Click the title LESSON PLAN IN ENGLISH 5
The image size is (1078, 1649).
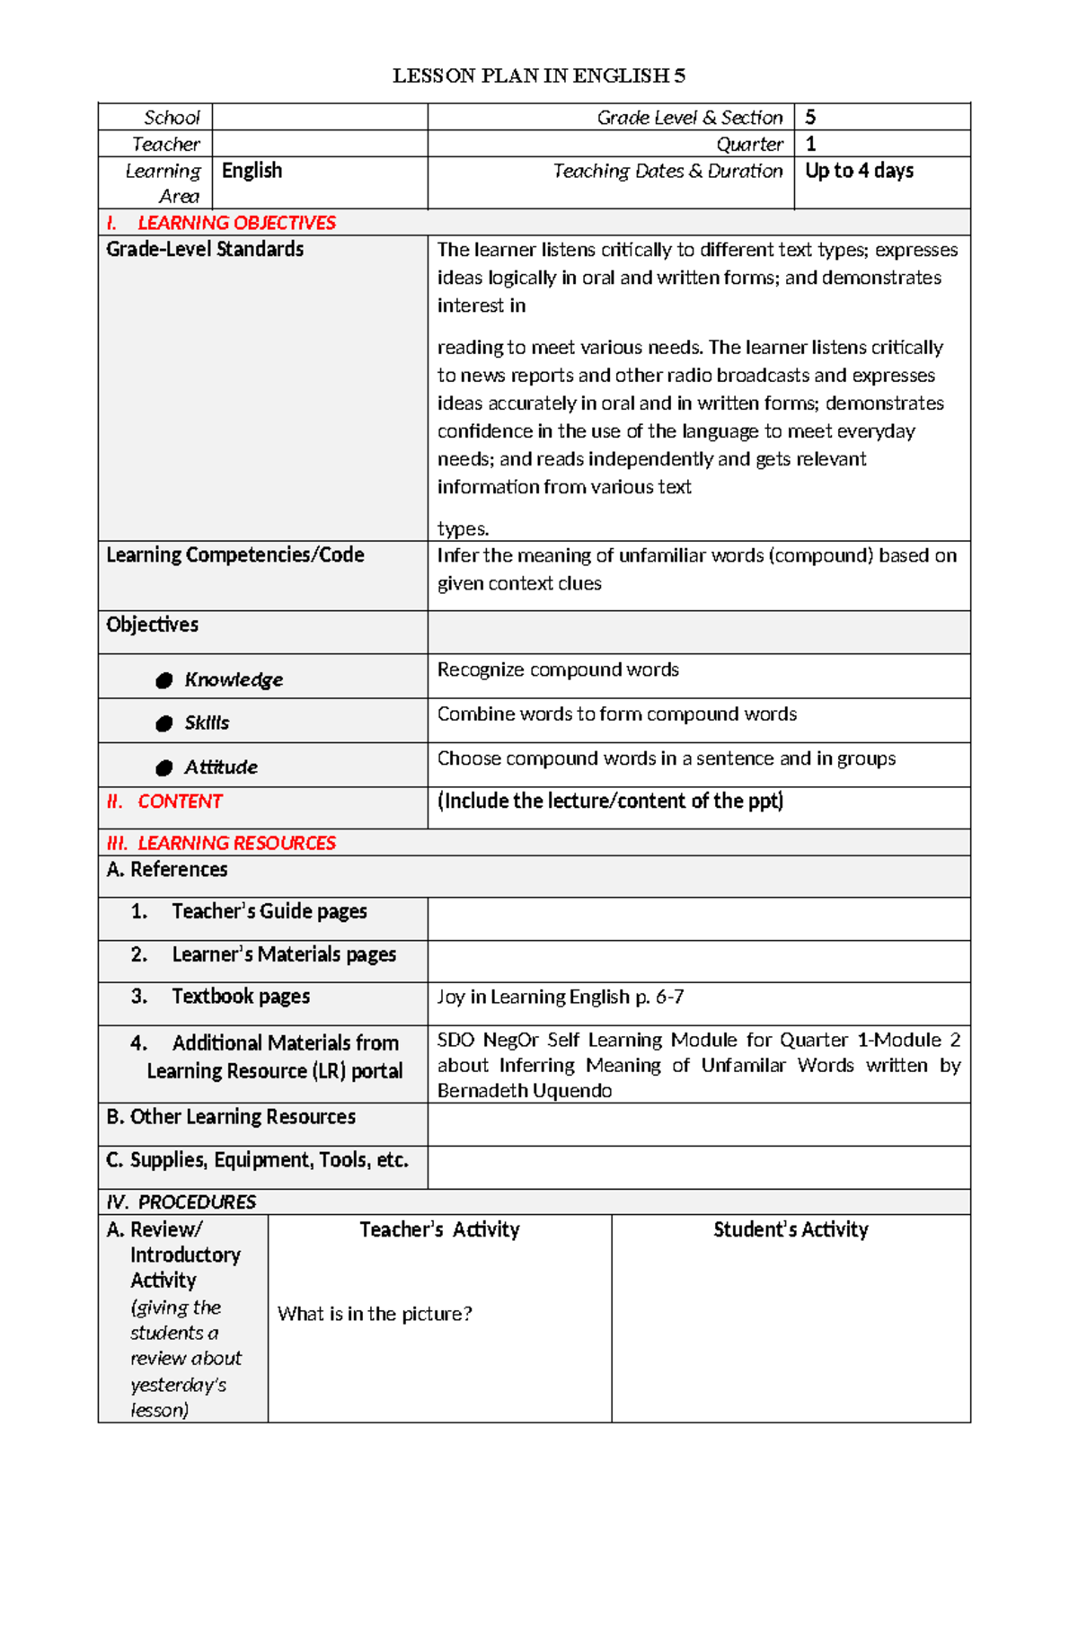click(538, 75)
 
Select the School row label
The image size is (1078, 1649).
click(172, 118)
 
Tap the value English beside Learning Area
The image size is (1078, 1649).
click(252, 171)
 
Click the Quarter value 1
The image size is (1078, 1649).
click(810, 144)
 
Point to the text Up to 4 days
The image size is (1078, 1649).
click(859, 171)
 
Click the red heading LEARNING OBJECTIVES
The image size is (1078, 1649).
click(236, 223)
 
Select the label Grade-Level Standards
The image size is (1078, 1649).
click(205, 249)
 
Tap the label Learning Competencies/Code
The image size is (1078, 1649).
click(235, 555)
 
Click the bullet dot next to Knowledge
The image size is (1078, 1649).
click(163, 680)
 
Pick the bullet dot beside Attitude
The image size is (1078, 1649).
click(163, 767)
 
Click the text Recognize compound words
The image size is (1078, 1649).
click(558, 669)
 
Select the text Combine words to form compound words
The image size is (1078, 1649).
click(616, 714)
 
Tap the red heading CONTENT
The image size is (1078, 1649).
click(180, 802)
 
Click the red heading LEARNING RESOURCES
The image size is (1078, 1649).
click(236, 843)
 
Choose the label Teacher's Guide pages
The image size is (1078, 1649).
click(269, 911)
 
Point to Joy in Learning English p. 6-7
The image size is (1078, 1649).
click(560, 997)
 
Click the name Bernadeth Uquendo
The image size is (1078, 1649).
click(525, 1091)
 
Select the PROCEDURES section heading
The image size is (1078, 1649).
click(196, 1202)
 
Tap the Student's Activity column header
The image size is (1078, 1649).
click(791, 1229)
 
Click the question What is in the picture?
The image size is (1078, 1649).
click(375, 1314)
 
